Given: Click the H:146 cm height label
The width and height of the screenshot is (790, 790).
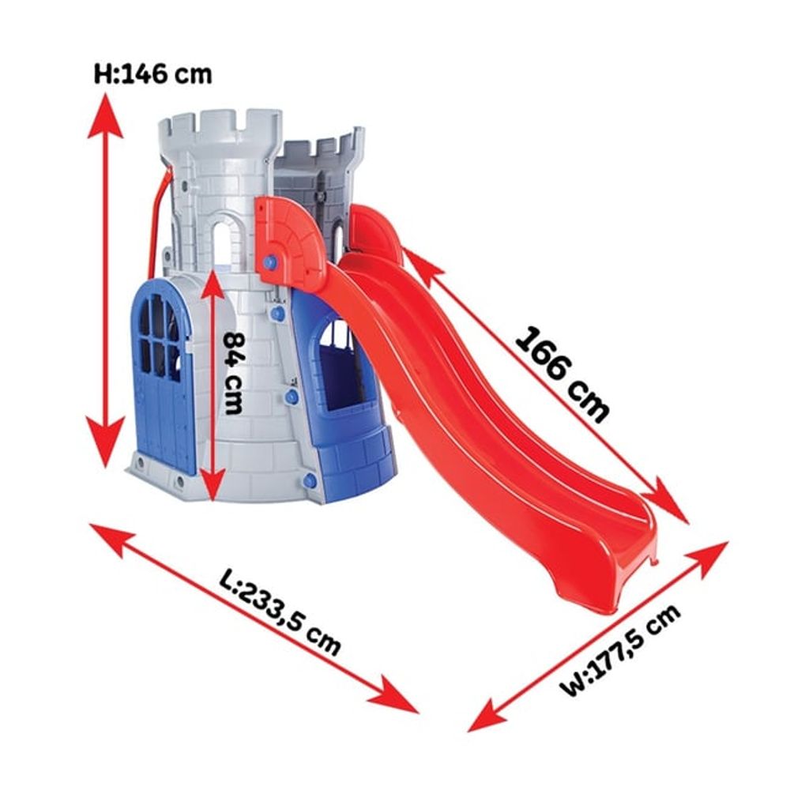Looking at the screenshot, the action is coord(152,74).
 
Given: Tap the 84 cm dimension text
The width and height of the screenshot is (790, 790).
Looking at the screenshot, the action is coord(233,372).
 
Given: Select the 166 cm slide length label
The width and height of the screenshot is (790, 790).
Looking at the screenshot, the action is coord(562,374).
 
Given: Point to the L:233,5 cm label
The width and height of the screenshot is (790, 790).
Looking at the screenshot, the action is coord(280,611).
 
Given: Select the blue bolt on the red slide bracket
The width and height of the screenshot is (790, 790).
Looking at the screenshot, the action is coord(270,262).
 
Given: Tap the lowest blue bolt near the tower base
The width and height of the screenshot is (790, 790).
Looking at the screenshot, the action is coord(310,480).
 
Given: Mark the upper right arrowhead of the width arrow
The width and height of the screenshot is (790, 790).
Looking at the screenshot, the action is coord(707,559).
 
